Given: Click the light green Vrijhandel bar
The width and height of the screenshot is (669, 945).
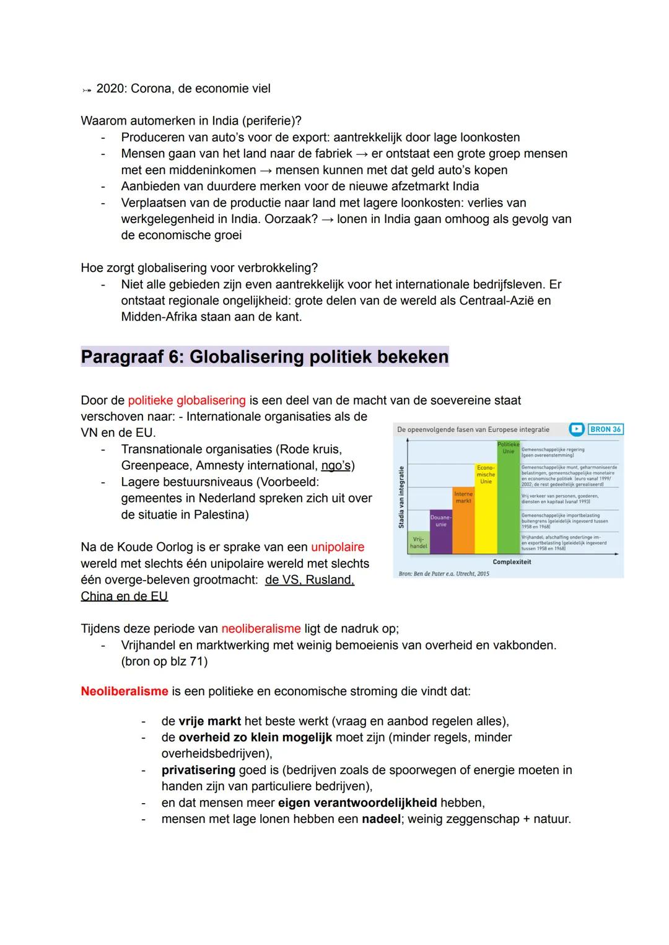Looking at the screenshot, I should pyautogui.click(x=418, y=543).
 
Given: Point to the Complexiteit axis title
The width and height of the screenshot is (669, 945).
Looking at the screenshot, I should pyautogui.click(x=511, y=562).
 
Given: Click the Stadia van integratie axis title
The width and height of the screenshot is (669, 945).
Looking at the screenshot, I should pyautogui.click(x=401, y=497).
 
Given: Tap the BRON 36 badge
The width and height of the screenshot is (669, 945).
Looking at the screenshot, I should pyautogui.click(x=605, y=429).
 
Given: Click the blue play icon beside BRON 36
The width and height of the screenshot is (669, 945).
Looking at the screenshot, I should pyautogui.click(x=577, y=429).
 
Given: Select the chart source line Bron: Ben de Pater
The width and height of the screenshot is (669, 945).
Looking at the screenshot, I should pyautogui.click(x=444, y=574).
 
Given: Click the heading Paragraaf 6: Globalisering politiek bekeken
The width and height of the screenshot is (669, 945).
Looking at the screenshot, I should pyautogui.click(x=265, y=357).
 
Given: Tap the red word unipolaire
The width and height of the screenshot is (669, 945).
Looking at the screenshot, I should pyautogui.click(x=338, y=547).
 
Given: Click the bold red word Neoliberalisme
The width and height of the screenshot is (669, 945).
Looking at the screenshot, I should pyautogui.click(x=125, y=691).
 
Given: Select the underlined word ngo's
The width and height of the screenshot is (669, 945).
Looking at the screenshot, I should pyautogui.click(x=336, y=465).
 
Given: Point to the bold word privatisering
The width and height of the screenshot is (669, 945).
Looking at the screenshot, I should pyautogui.click(x=198, y=770).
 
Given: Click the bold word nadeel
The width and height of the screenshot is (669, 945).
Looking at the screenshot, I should pyautogui.click(x=381, y=819).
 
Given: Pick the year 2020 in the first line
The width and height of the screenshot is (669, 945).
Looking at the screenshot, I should pyautogui.click(x=110, y=89).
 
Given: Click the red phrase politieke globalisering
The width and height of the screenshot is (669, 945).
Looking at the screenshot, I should pyautogui.click(x=186, y=400).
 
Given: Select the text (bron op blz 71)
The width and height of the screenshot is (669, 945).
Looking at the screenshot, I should pyautogui.click(x=164, y=661).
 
